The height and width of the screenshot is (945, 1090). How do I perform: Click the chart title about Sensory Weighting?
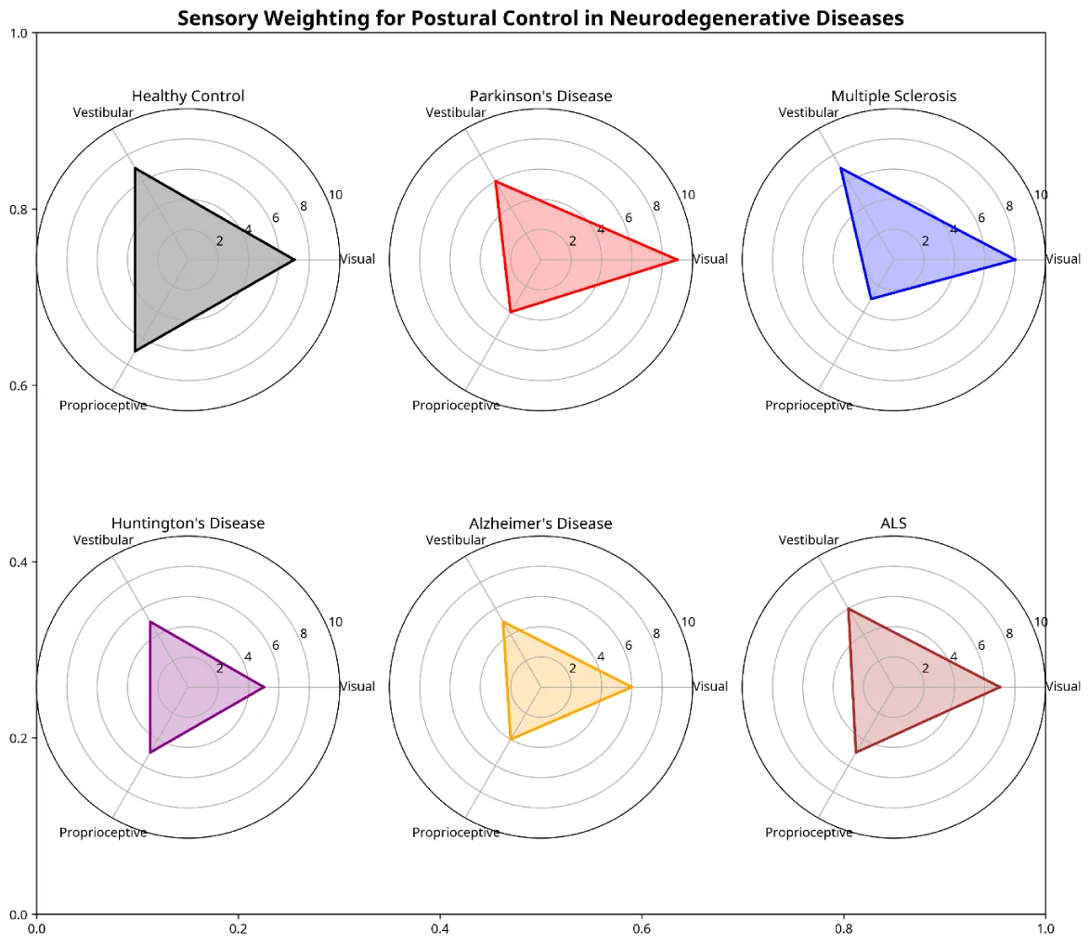540,18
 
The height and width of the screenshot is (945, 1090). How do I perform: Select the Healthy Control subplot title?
188,96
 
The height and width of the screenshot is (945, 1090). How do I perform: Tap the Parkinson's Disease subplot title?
540,96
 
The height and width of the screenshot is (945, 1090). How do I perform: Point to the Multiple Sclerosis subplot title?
893,96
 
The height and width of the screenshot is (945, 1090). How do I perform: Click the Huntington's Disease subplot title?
188,524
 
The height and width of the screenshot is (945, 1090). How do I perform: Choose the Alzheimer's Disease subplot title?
540,524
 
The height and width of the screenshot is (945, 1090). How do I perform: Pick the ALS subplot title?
893,524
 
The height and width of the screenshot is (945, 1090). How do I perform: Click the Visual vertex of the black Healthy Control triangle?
294,260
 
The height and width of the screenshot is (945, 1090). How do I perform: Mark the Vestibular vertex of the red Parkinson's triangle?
495,181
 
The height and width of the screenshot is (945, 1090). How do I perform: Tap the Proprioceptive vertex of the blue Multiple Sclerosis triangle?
871,299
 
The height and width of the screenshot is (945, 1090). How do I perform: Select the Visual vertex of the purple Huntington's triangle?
265,687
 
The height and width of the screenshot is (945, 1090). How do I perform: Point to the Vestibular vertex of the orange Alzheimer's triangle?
502,621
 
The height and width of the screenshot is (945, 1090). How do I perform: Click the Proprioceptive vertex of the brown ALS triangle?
855,752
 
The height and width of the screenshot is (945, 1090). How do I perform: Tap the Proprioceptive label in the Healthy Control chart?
103,406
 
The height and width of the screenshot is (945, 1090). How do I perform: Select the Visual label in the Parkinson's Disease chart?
710,259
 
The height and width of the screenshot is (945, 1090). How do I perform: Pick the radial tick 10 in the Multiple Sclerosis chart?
1041,195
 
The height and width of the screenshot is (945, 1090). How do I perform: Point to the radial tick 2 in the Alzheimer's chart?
572,669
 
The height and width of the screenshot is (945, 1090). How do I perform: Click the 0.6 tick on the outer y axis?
19,385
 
